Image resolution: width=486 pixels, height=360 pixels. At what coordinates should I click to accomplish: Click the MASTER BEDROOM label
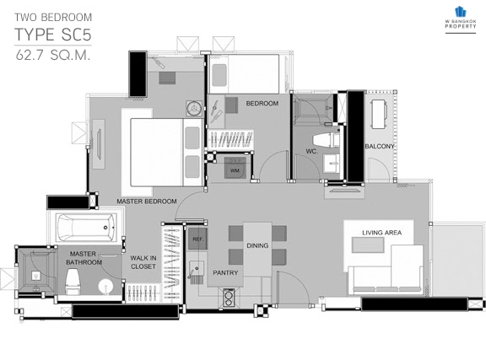pyautogui.click(x=147, y=201)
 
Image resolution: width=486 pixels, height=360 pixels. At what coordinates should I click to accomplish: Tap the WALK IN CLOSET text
pyautogui.click(x=143, y=262)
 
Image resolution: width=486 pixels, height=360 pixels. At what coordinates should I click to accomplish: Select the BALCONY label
pyautogui.click(x=380, y=146)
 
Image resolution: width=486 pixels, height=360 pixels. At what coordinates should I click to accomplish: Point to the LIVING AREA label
pyautogui.click(x=382, y=233)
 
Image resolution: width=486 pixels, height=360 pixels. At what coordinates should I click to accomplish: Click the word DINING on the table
pyautogui.click(x=257, y=245)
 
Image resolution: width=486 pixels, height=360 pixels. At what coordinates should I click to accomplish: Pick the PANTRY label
pyautogui.click(x=225, y=273)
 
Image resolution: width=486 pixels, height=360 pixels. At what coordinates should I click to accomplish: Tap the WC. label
pyautogui.click(x=312, y=152)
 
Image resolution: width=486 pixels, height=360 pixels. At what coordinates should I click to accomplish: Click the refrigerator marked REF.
pyautogui.click(x=197, y=239)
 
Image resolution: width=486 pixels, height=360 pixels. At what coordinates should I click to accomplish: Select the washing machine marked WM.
pyautogui.click(x=235, y=169)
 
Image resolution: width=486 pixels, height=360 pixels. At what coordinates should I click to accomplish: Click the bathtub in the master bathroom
pyautogui.click(x=86, y=228)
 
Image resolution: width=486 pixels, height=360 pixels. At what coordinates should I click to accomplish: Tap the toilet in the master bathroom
pyautogui.click(x=73, y=282)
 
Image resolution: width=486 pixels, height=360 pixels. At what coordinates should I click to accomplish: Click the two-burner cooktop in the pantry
pyautogui.click(x=229, y=298)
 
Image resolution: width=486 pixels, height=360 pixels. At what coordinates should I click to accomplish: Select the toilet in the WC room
pyautogui.click(x=327, y=140)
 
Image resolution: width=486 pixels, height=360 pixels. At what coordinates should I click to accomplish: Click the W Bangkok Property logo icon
pyautogui.click(x=461, y=12)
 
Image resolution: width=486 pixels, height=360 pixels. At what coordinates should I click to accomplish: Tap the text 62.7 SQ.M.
pyautogui.click(x=53, y=56)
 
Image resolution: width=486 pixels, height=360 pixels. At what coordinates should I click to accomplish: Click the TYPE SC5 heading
pyautogui.click(x=53, y=35)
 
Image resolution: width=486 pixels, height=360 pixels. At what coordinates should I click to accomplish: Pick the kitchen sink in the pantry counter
pyautogui.click(x=197, y=268)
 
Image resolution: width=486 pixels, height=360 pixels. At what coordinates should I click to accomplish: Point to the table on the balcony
pyautogui.click(x=379, y=114)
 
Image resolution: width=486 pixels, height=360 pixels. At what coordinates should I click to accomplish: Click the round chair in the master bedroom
pyautogui.click(x=194, y=109)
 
